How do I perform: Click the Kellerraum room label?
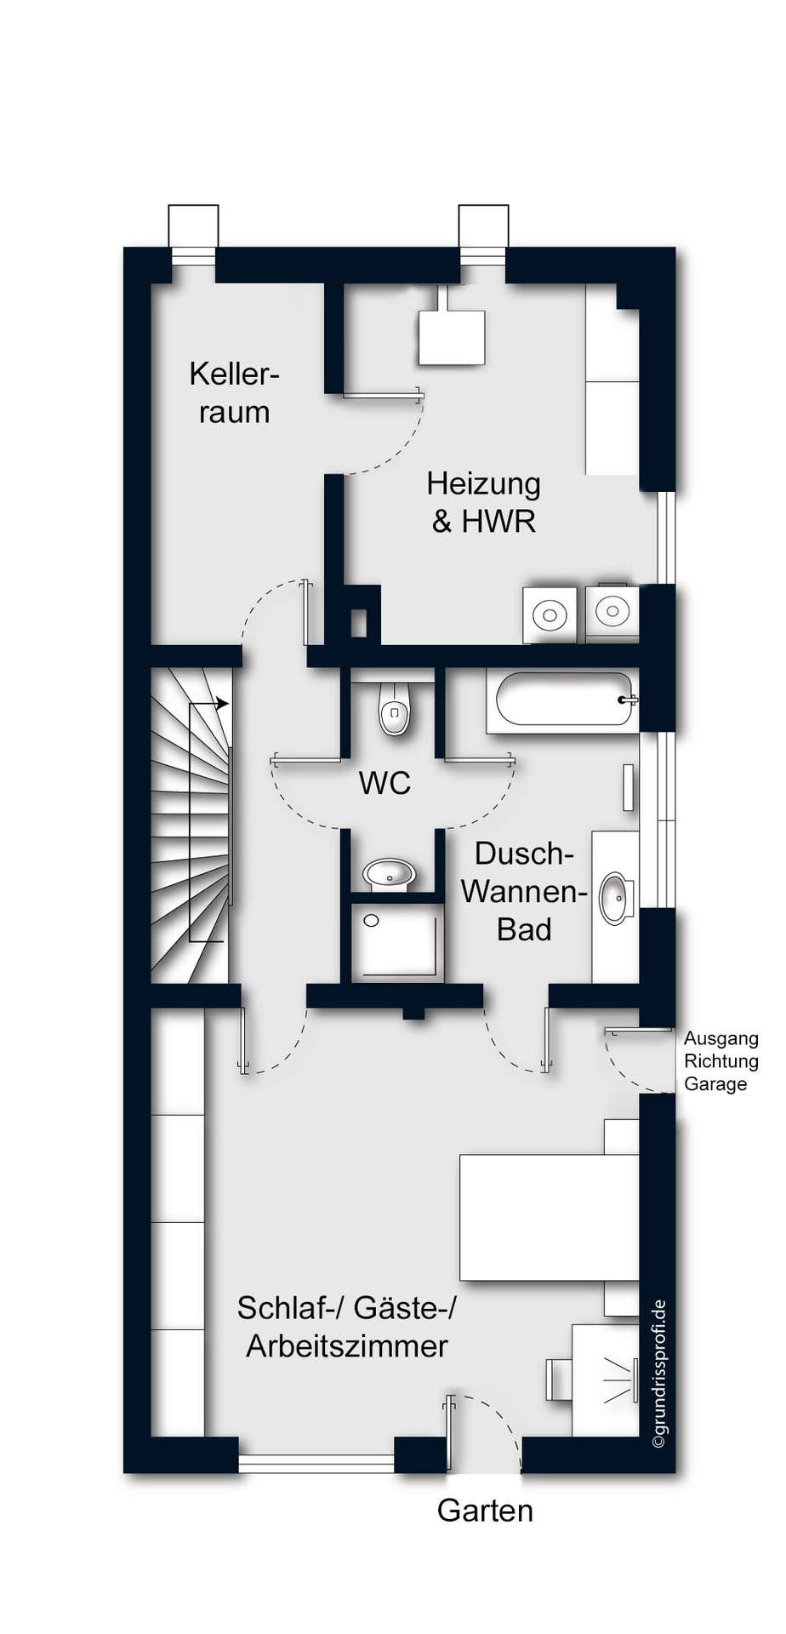coord(234,392)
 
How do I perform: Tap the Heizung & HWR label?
coord(483,501)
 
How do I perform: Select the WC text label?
coord(384,783)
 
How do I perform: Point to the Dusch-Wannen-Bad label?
coord(524,891)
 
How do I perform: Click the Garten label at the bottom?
coord(485,1511)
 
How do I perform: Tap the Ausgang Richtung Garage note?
coord(720,1061)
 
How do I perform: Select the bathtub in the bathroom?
coord(562,700)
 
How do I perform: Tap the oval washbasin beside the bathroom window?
coord(616,897)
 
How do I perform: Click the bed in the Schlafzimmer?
coord(549,1217)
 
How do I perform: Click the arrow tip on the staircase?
coord(227,704)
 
